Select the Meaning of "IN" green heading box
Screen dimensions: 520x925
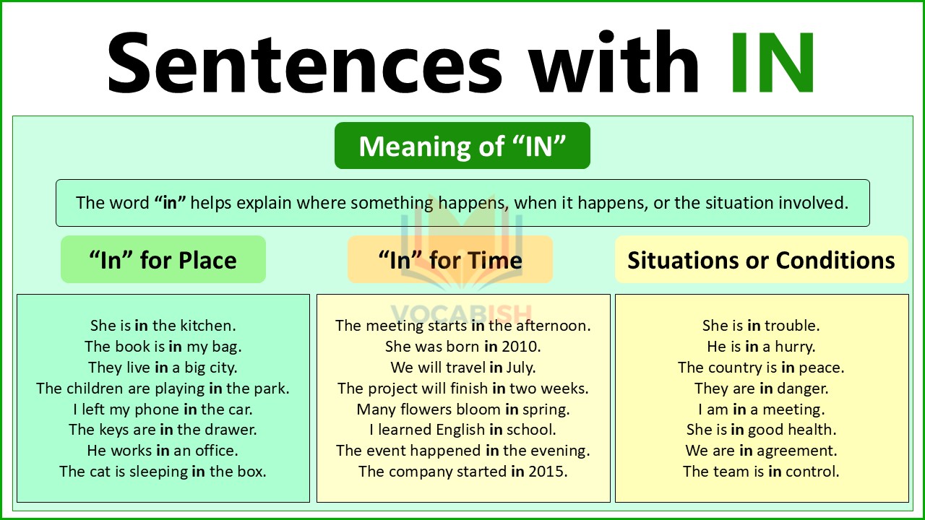(462, 147)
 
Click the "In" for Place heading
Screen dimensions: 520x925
(163, 260)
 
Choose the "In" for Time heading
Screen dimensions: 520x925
(450, 260)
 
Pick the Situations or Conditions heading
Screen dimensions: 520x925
(761, 260)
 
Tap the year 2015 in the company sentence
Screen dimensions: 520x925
(548, 472)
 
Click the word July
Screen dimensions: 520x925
(521, 368)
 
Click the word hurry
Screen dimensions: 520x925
(795, 347)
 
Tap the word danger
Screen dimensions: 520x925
(804, 389)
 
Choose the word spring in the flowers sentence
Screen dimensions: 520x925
(546, 409)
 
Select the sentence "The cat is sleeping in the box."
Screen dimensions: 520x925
(163, 472)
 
